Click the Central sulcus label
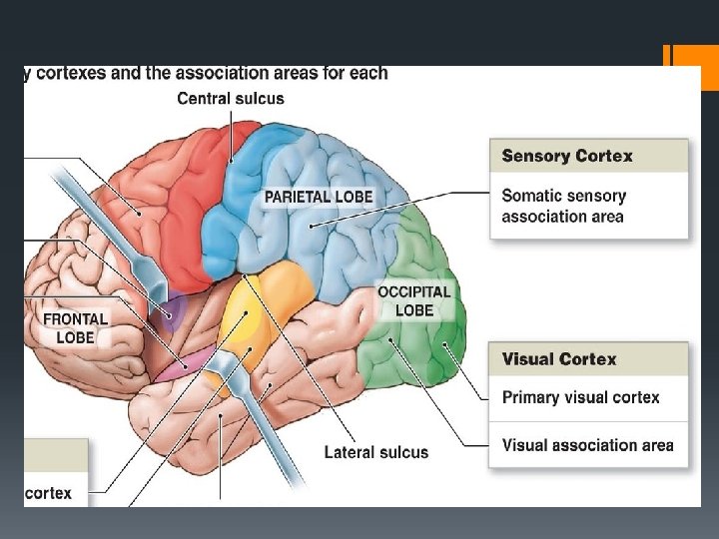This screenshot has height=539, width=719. pos(231,98)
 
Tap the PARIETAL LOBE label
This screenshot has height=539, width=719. pos(318,197)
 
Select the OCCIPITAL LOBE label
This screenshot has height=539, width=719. pos(413,301)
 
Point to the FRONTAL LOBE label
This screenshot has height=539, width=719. pos(75,328)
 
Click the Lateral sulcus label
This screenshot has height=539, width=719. pos(376,452)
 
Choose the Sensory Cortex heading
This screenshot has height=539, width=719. pos(567,156)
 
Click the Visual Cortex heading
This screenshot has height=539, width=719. pos(559,359)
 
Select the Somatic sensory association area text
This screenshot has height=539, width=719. pos(563,207)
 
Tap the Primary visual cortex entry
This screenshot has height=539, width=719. pos(580,397)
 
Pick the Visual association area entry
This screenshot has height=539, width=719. pos(587,445)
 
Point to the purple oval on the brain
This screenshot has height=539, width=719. pos(174,311)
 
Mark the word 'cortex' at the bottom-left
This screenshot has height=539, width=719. pos(48,493)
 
